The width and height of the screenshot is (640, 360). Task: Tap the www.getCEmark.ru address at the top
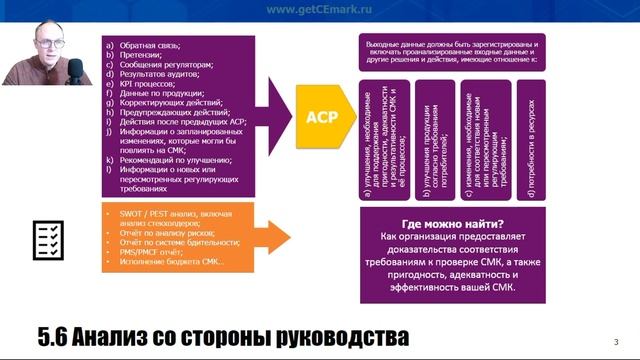pos(319,9)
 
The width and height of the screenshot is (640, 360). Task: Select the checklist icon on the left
pos(49,238)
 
